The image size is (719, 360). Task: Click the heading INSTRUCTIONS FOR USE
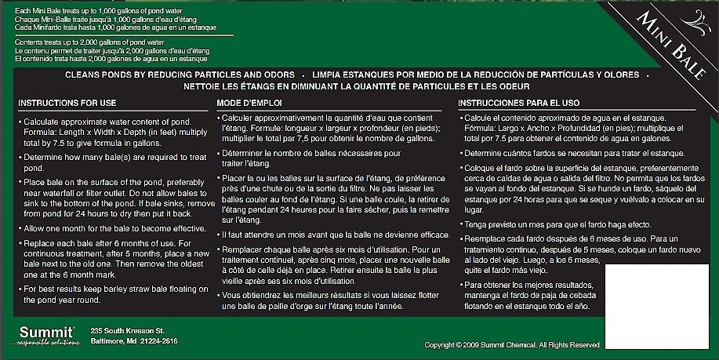tap(67, 103)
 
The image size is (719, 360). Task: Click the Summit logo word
tap(42, 331)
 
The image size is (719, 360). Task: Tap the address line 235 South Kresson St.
tap(128, 330)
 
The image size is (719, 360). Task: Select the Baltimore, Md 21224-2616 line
tap(134, 340)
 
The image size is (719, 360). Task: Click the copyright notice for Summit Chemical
tap(511, 345)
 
